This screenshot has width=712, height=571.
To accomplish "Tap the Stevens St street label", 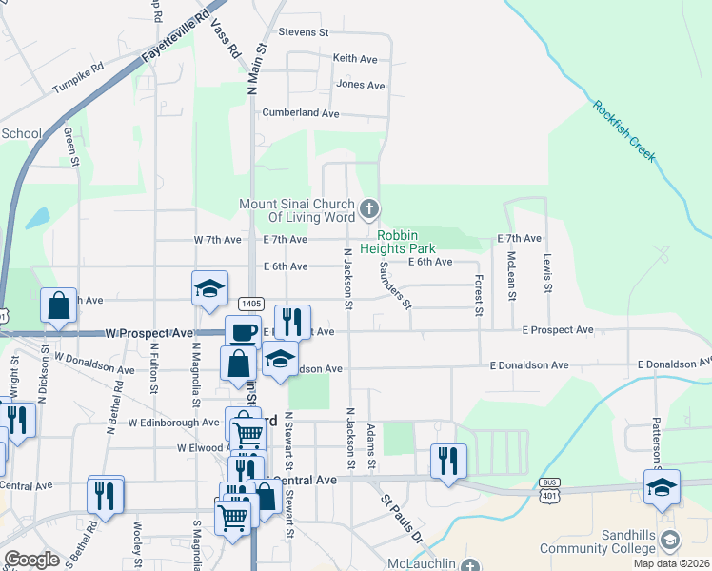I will click(303, 32).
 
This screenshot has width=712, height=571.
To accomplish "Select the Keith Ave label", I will click(355, 59).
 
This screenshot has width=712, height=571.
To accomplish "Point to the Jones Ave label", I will click(361, 86).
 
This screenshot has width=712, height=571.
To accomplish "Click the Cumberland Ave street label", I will click(301, 113).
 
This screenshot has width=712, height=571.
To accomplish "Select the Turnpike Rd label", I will click(77, 73).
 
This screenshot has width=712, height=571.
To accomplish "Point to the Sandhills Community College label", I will click(598, 541).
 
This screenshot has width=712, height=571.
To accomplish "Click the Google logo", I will click(30, 560).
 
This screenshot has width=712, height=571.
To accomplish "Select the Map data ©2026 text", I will click(671, 563).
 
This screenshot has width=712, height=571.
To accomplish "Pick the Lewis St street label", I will click(547, 273).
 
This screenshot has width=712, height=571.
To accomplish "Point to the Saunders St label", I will click(395, 285).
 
